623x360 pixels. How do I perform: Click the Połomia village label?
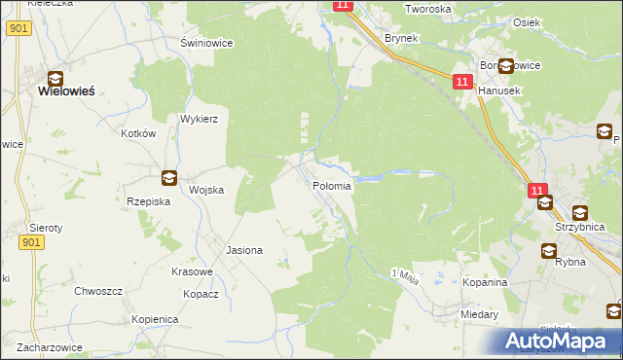point(331,185)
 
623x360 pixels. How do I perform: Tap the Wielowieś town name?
point(65,90)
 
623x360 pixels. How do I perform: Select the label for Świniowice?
point(205,44)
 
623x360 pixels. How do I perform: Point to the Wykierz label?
point(198,119)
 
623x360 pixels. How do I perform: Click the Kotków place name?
point(139,133)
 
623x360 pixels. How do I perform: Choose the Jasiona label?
point(244,250)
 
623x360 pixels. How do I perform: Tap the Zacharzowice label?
point(42,346)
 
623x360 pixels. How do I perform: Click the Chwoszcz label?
point(98,291)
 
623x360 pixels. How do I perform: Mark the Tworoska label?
point(429,9)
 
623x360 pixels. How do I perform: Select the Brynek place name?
point(401,38)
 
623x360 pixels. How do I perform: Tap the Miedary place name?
point(480,315)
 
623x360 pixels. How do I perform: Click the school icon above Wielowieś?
point(56,77)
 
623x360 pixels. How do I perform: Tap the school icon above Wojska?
point(169,177)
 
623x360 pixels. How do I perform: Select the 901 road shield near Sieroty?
point(31,242)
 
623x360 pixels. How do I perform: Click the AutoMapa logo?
point(556,340)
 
